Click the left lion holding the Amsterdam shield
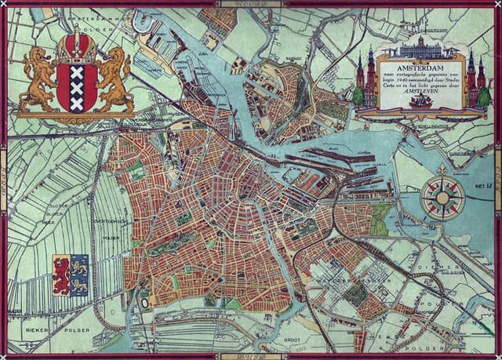pos(36,78)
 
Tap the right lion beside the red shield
pos(116,78)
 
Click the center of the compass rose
pos(442,196)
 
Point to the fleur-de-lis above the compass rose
pos(442,169)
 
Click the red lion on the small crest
pos(61,275)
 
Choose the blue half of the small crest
pos(79,275)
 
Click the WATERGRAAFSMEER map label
pos(349,277)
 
